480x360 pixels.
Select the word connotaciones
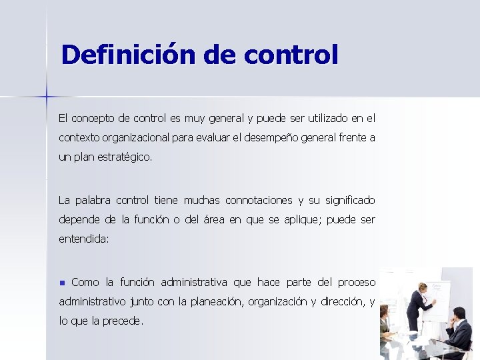259,200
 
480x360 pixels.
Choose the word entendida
83,239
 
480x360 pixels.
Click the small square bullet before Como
63,282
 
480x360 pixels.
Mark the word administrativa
194,281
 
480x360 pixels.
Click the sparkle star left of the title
47,97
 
